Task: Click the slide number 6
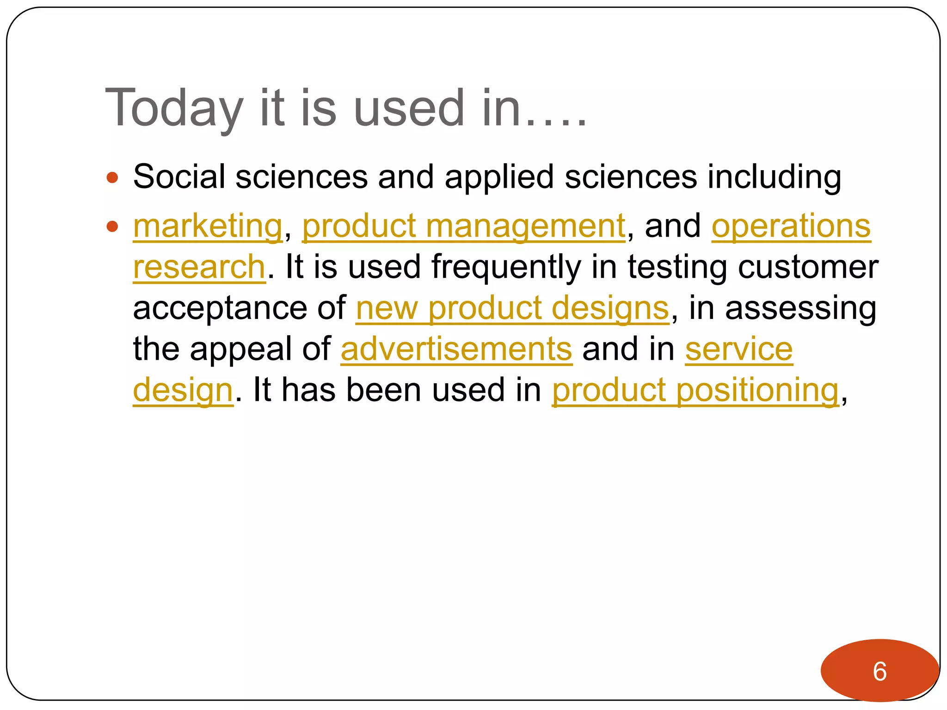tap(879, 671)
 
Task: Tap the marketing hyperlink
tap(208, 226)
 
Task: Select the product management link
tap(464, 226)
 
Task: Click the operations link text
tap(791, 226)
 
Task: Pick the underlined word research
tap(199, 267)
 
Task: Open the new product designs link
tap(512, 308)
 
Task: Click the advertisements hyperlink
tap(456, 349)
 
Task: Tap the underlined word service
tap(738, 349)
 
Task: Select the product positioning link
tap(695, 390)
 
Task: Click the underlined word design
tap(183, 390)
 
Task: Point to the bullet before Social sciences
tap(112, 177)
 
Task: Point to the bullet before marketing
tap(112, 226)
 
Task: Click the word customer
tap(808, 267)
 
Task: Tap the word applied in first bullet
tap(499, 177)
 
